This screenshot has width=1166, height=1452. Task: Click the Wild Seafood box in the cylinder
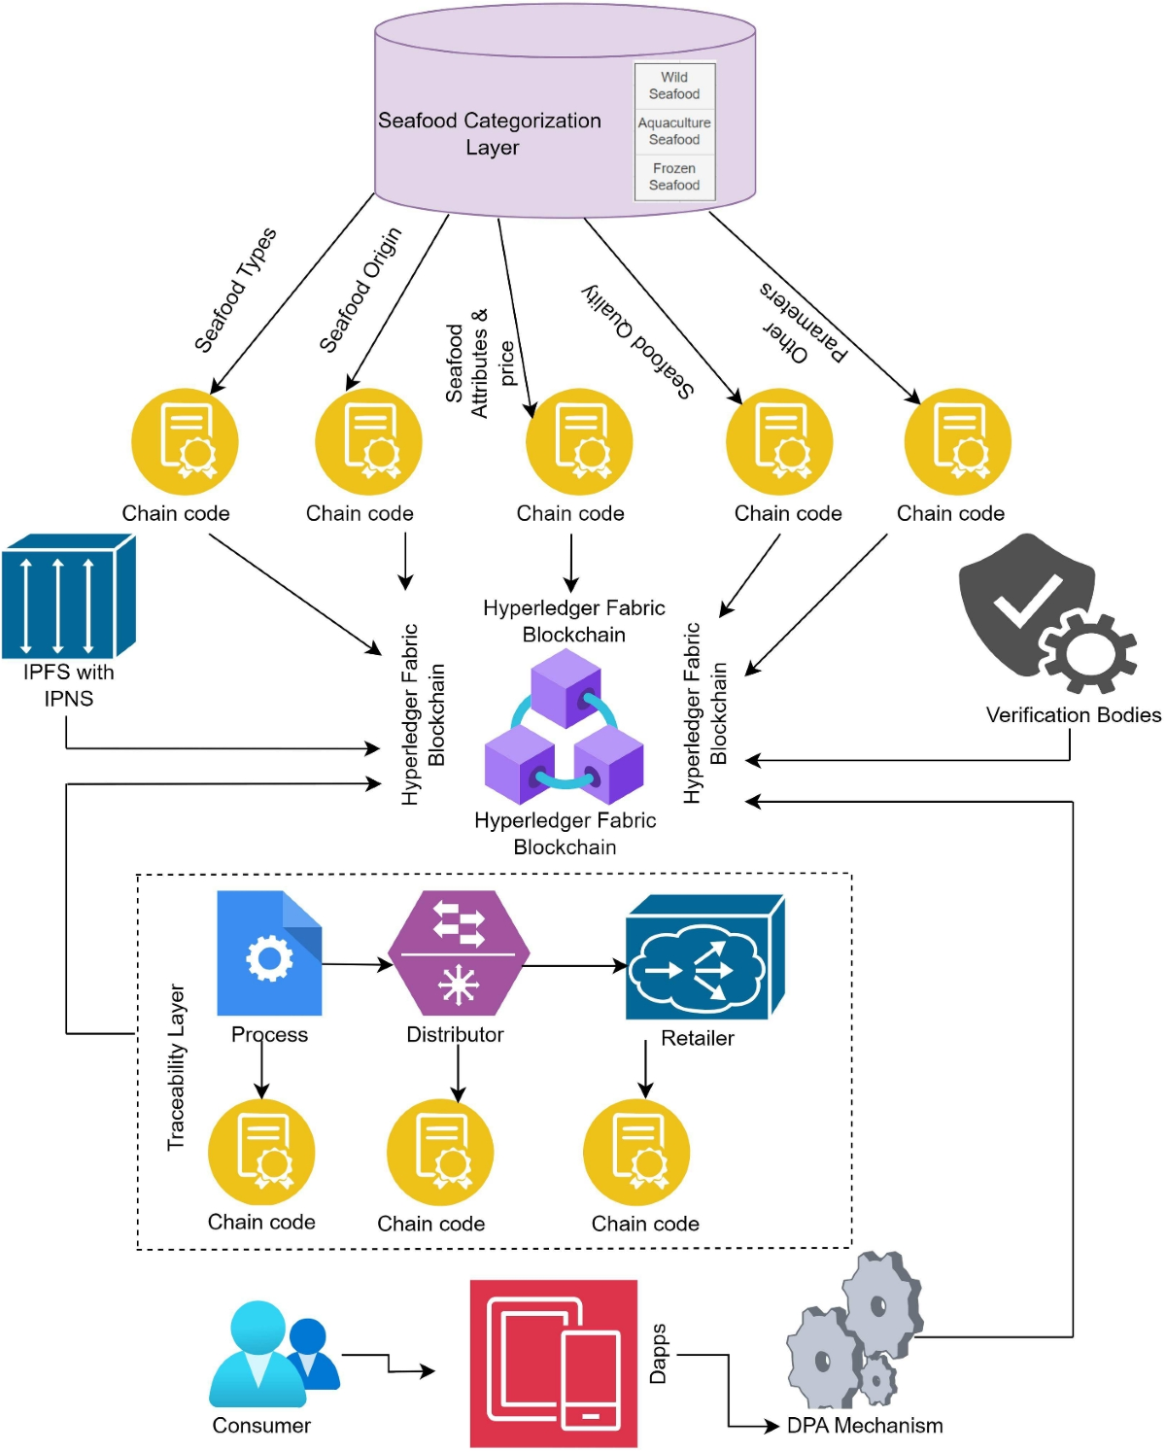point(674,86)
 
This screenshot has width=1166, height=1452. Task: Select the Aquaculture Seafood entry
point(674,131)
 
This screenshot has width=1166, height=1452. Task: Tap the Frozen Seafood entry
point(674,177)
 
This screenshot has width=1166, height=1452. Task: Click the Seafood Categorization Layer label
point(491,134)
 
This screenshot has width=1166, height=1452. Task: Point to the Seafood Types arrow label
point(235,290)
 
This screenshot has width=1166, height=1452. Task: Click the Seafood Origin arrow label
point(360,290)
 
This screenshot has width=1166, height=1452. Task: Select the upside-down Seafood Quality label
point(638,340)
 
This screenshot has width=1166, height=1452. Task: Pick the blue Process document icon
point(269,953)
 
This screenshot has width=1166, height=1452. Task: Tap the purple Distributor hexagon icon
point(458,952)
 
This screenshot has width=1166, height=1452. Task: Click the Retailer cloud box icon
point(703,958)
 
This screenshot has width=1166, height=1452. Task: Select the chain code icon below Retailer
point(636,1153)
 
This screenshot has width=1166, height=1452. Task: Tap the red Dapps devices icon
point(554,1364)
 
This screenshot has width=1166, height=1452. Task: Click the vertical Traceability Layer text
point(176,1067)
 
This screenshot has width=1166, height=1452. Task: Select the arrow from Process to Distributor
point(356,964)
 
